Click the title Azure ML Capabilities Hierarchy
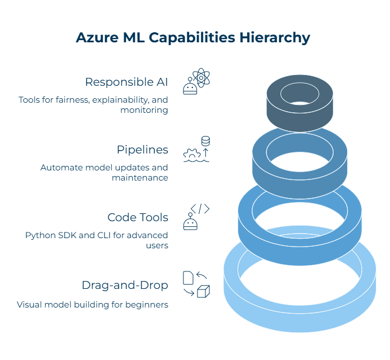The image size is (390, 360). pos(193,37)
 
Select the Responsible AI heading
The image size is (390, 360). pos(126,82)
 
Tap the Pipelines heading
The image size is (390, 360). pos(142,150)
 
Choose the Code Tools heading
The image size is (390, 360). pos(138,217)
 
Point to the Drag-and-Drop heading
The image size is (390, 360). pos(125,285)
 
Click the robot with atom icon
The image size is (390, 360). pos(196,81)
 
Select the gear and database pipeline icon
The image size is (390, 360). pos(196,149)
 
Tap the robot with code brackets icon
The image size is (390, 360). pos(196,217)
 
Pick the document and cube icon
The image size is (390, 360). pos(196,284)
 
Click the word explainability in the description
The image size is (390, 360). pos(121,100)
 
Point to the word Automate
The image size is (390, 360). pos(59,168)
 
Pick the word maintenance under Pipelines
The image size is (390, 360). pos(140,178)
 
